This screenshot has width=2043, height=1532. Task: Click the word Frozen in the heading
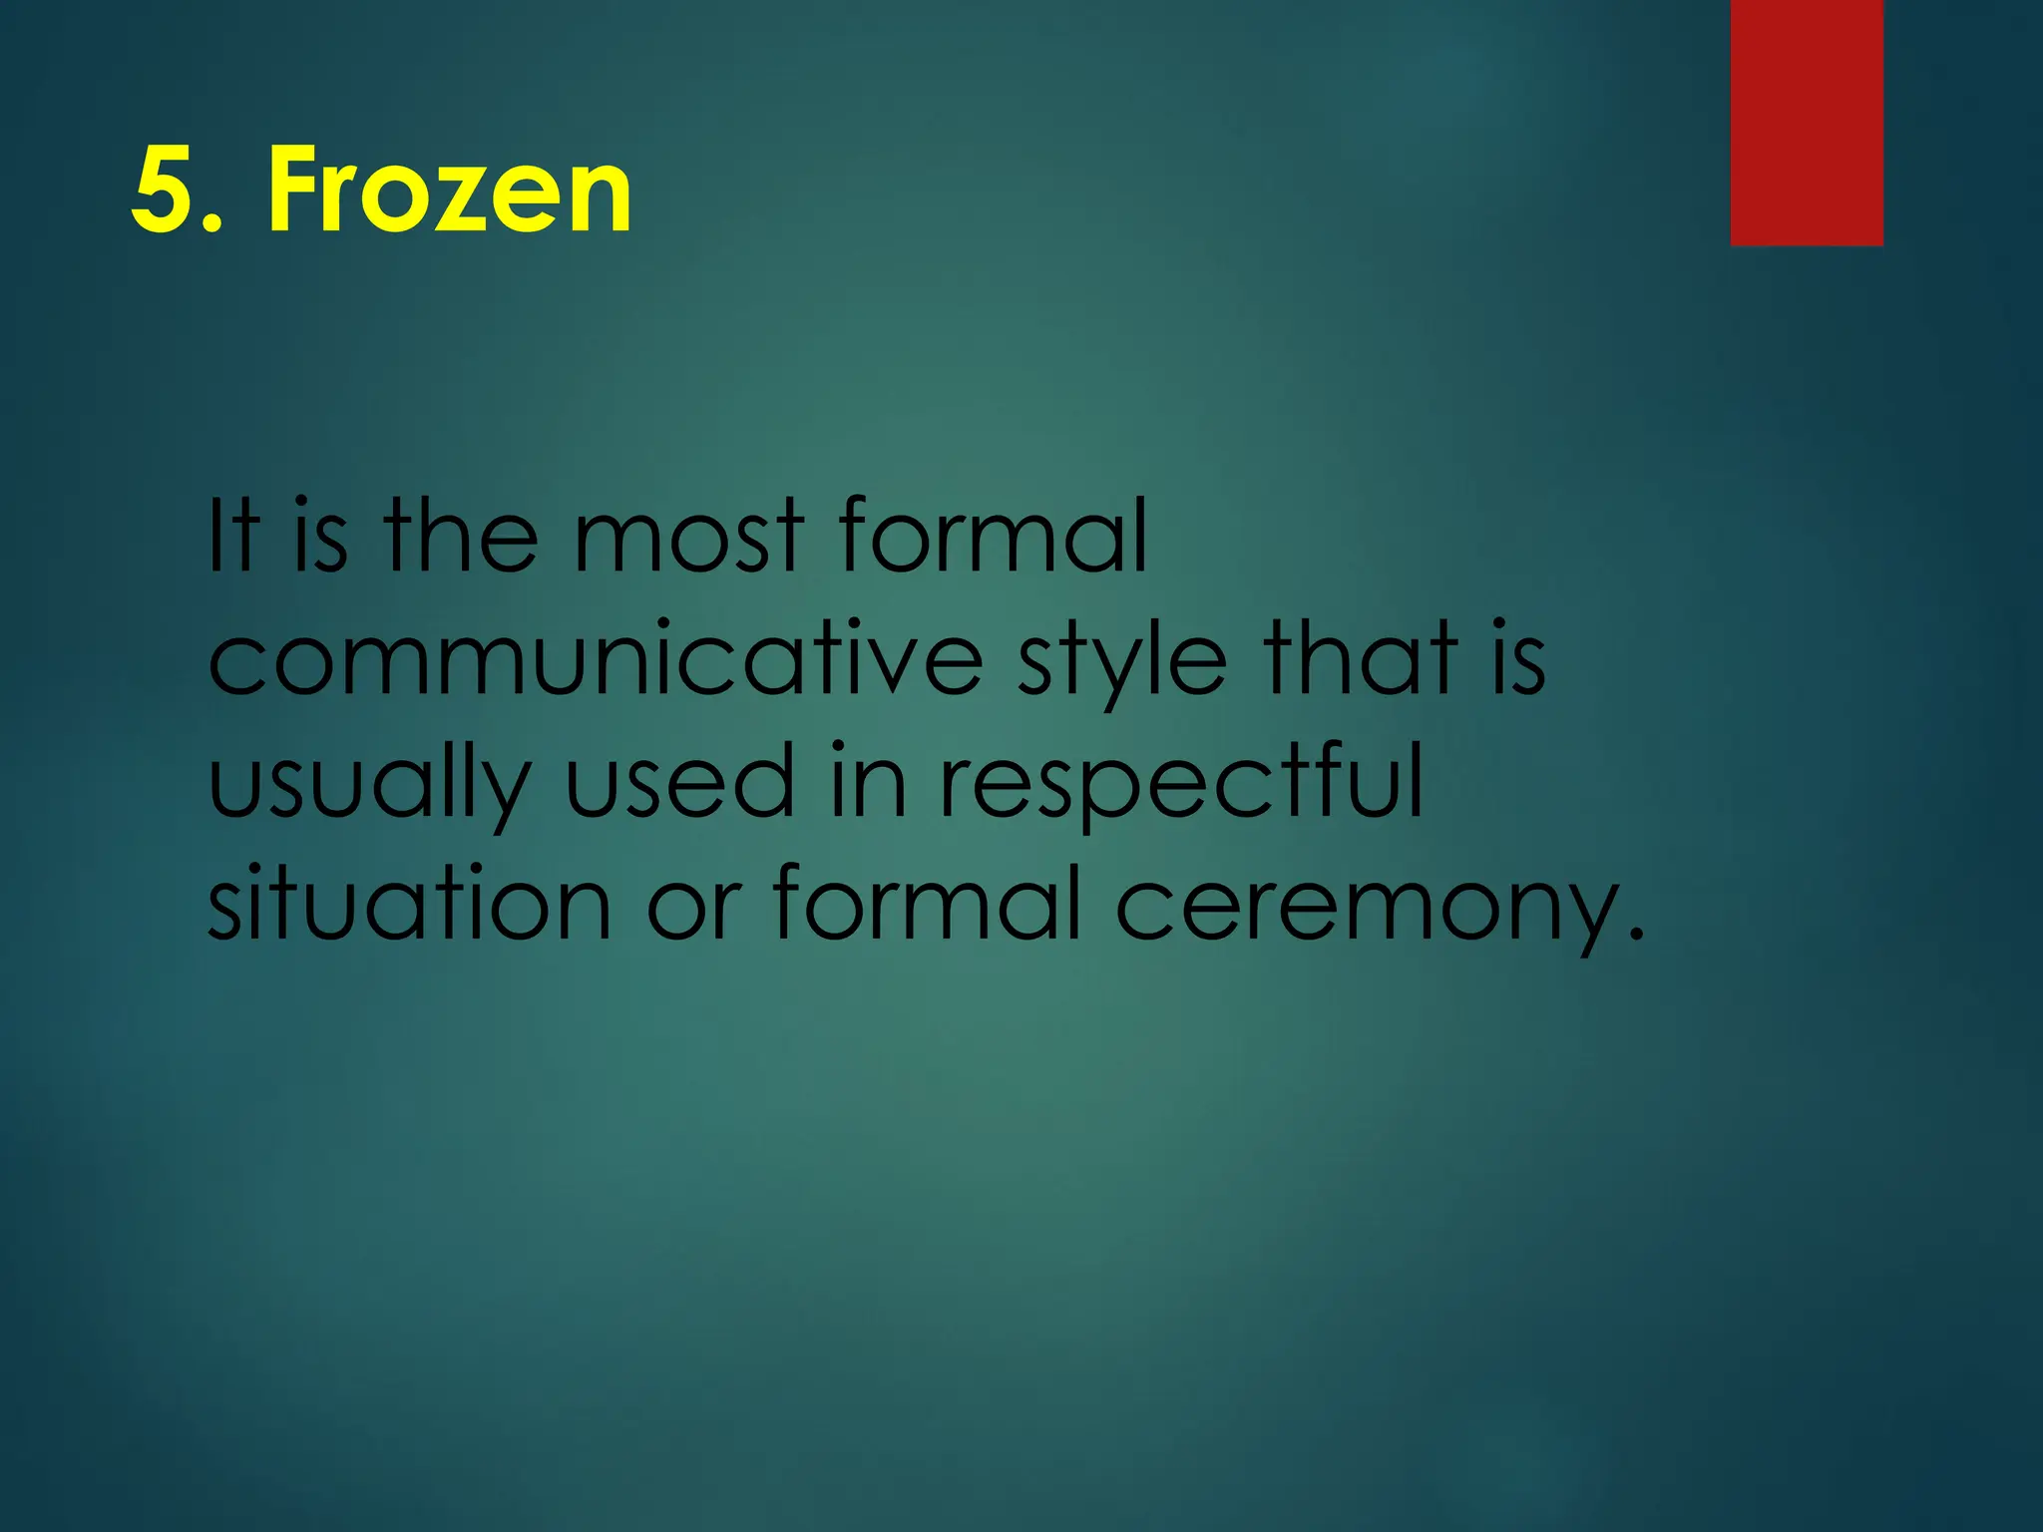click(x=449, y=190)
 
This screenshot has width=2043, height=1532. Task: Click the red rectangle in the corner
click(x=1807, y=122)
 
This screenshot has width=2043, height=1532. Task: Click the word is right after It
click(x=321, y=539)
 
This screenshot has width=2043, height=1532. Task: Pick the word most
click(x=688, y=539)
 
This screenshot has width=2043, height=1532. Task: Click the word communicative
click(x=596, y=660)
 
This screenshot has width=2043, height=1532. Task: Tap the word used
click(x=679, y=783)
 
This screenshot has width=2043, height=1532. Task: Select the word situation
click(x=409, y=903)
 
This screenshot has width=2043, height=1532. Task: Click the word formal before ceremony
click(x=928, y=903)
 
